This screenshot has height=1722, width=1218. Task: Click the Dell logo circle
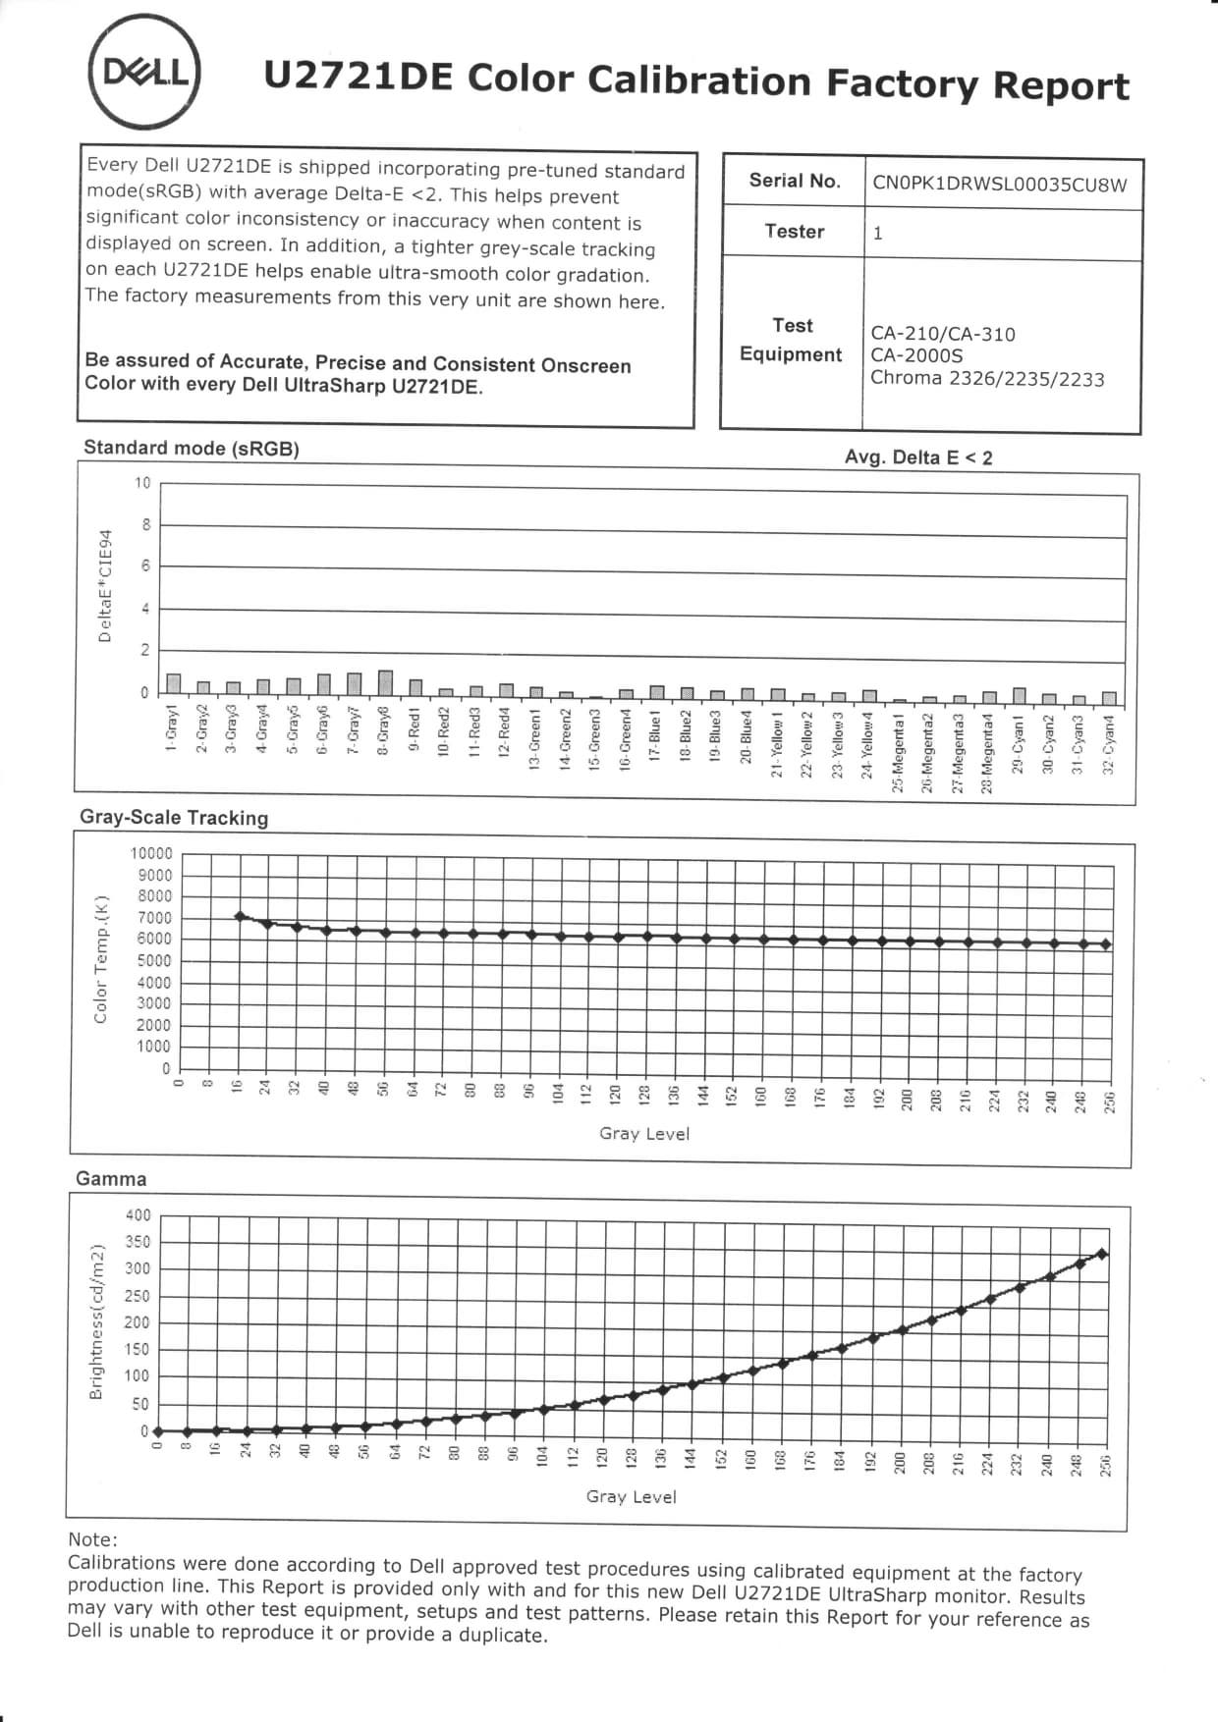click(x=146, y=73)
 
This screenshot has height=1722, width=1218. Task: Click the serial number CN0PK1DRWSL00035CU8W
click(x=999, y=185)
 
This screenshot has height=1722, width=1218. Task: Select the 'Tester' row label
click(x=795, y=232)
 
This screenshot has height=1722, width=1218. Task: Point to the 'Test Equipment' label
click(x=792, y=340)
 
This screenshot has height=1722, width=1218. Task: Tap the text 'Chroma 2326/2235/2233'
click(x=987, y=379)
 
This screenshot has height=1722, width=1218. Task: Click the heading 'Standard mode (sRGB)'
click(x=192, y=449)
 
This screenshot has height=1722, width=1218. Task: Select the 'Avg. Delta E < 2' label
click(x=918, y=457)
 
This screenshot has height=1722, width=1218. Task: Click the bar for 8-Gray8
click(x=385, y=682)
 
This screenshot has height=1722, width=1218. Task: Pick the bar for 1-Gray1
click(x=174, y=684)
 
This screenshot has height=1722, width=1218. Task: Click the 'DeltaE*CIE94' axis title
click(x=105, y=586)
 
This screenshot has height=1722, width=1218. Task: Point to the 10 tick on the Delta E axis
click(x=143, y=483)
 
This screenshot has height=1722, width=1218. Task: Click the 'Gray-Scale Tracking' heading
click(x=174, y=818)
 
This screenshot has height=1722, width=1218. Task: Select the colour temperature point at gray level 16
click(x=240, y=916)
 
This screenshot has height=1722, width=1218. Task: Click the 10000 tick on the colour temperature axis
click(x=151, y=854)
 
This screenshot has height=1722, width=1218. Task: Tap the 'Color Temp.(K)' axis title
click(x=100, y=959)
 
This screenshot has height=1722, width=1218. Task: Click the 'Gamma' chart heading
click(x=111, y=1179)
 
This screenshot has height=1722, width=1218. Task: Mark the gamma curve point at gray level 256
click(x=1102, y=1254)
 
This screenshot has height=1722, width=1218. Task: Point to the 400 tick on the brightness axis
click(x=138, y=1215)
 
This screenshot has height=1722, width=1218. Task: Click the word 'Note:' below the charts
click(x=92, y=1539)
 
